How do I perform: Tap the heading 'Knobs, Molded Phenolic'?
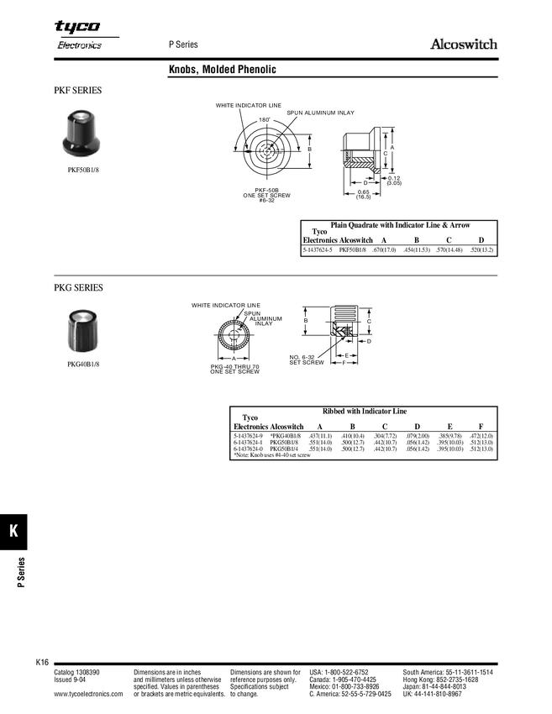223,70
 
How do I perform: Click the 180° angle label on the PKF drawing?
263,121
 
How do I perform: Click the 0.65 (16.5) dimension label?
363,194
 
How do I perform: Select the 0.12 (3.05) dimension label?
394,180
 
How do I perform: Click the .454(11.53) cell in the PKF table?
417,250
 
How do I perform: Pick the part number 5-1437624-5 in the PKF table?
318,250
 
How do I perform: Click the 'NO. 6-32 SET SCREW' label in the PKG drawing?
307,360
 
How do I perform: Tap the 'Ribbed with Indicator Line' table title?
364,412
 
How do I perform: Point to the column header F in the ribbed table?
481,427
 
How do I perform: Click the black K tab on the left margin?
14,531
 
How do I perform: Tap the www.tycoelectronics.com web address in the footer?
88,695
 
